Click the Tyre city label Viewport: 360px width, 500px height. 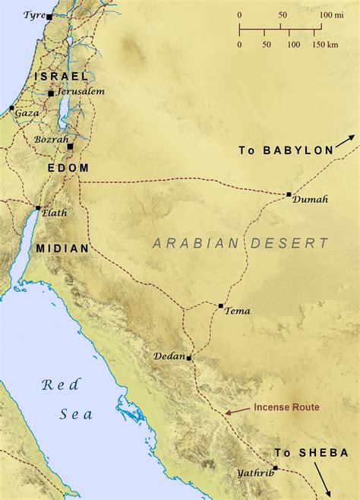coord(34,14)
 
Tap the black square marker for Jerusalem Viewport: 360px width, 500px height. coord(51,93)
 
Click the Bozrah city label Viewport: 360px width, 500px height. coord(51,140)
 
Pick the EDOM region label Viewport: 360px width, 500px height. coord(68,167)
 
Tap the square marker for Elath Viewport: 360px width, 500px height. coord(37,207)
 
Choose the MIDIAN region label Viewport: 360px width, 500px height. coord(62,248)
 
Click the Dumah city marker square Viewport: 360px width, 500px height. coord(289,195)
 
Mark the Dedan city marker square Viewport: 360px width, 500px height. coord(189,357)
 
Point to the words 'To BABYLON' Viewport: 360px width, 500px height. coord(286,150)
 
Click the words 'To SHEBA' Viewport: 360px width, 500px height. coord(312,453)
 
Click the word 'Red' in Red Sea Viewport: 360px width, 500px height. coord(56,384)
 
